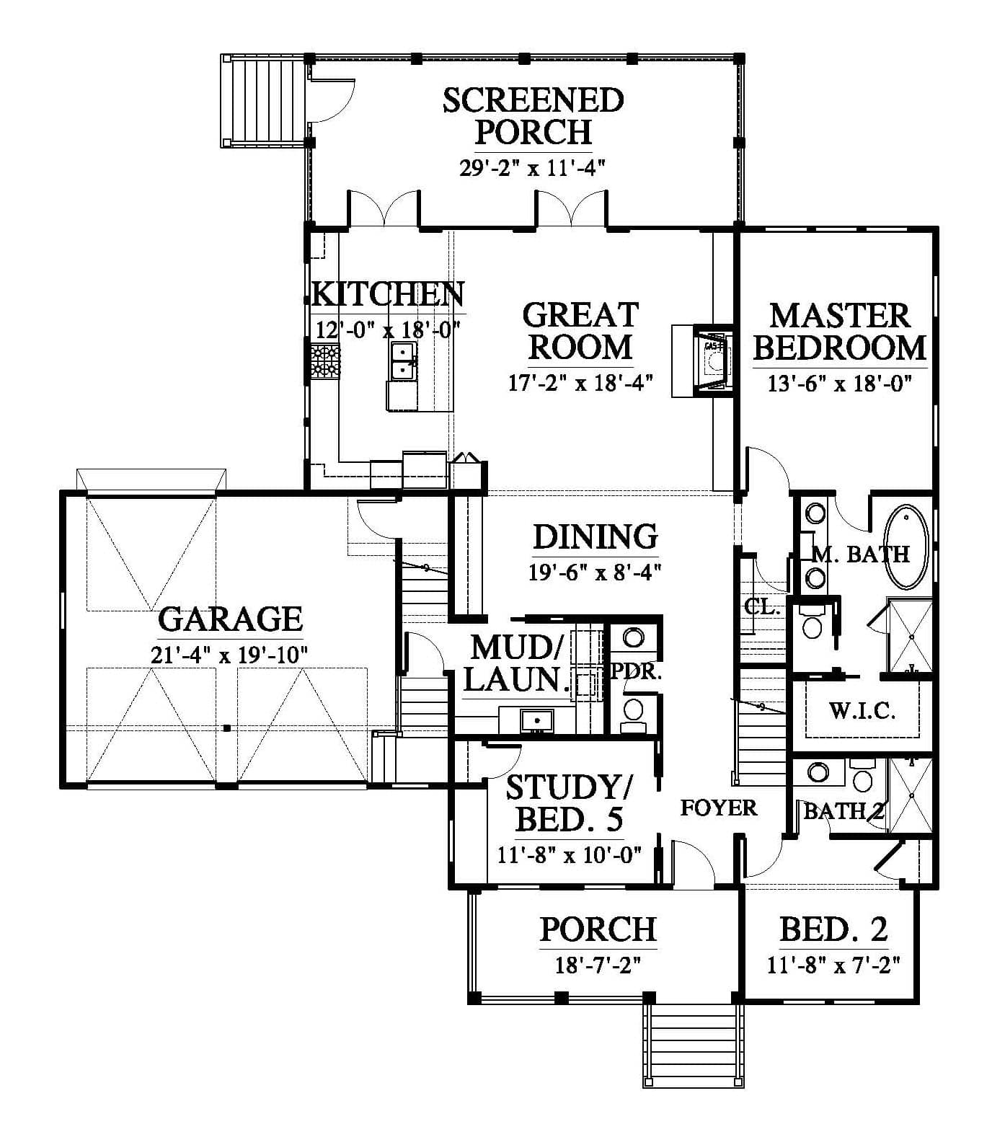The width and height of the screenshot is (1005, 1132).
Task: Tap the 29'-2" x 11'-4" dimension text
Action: pos(531,168)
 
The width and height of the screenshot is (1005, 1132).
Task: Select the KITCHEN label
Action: pos(389,294)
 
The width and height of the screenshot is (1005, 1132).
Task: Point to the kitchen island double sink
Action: pos(404,361)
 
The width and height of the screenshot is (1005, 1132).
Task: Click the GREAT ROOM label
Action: pos(580,331)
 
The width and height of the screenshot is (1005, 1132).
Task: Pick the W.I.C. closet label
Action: pos(862,712)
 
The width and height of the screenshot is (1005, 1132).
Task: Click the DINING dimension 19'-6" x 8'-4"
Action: pos(596,572)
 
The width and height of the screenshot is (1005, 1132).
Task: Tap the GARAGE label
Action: pos(230,619)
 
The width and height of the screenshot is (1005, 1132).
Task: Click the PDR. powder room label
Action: pos(636,672)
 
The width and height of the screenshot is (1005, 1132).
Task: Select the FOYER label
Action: pos(719,808)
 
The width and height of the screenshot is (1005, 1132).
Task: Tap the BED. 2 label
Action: pos(833,930)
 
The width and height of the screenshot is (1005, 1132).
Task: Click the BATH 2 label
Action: pos(844,811)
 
